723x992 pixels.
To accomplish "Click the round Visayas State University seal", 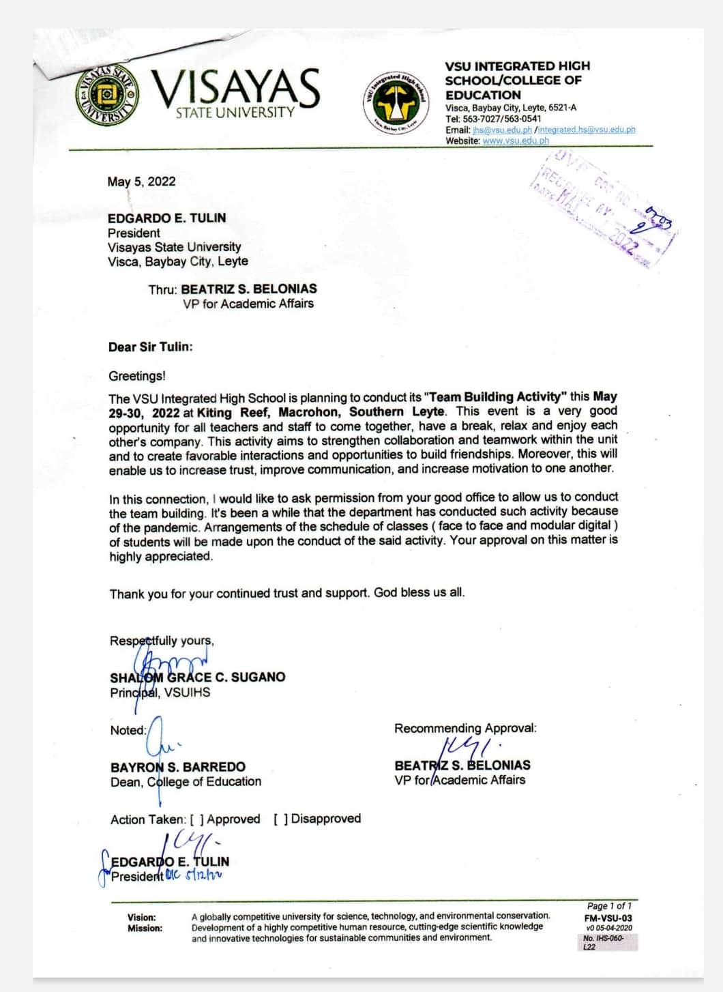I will (107, 96).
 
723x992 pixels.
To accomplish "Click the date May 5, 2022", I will (141, 181).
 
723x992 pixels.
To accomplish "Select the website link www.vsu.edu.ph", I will (515, 141).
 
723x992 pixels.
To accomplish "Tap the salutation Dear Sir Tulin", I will (150, 347).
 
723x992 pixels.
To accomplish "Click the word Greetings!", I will (136, 376).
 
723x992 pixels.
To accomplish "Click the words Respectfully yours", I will (162, 641).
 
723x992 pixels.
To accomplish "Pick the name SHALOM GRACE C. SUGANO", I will (198, 677).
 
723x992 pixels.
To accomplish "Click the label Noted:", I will (128, 730).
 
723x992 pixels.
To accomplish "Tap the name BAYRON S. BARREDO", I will (178, 767).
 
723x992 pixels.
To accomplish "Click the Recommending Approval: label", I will (465, 728).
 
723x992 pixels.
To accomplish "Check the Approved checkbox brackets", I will (197, 819).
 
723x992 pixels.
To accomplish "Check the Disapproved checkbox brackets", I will (280, 819).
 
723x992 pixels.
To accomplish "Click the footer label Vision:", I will (141, 917).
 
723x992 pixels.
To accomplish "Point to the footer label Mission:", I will (145, 928).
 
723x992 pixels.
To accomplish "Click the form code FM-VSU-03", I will (608, 918).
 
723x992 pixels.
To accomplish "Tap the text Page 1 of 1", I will (609, 906).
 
